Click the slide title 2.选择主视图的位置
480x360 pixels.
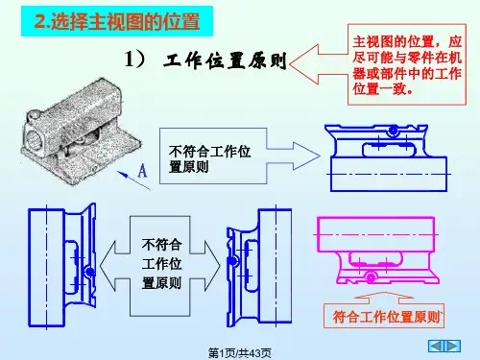(x=117, y=21)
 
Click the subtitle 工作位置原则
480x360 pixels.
(x=225, y=60)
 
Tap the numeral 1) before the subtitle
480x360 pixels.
(x=134, y=60)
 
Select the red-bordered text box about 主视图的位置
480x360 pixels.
(x=407, y=64)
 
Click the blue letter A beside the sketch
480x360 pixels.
(x=142, y=171)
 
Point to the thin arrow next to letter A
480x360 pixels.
(x=133, y=180)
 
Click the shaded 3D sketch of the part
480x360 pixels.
(x=82, y=132)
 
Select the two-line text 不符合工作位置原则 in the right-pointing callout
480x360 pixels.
(x=209, y=159)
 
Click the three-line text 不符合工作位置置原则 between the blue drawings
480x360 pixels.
(x=162, y=264)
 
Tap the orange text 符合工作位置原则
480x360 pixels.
(x=387, y=317)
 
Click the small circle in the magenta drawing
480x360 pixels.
(x=372, y=277)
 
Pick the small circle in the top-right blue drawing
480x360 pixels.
(x=393, y=131)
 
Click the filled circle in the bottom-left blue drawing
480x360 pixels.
(x=90, y=273)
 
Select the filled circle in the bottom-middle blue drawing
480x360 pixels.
(x=233, y=261)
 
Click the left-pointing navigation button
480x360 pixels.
(x=436, y=346)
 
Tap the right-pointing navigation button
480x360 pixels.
(x=452, y=346)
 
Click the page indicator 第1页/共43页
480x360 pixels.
(x=240, y=353)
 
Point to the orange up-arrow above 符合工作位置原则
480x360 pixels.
(x=384, y=298)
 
